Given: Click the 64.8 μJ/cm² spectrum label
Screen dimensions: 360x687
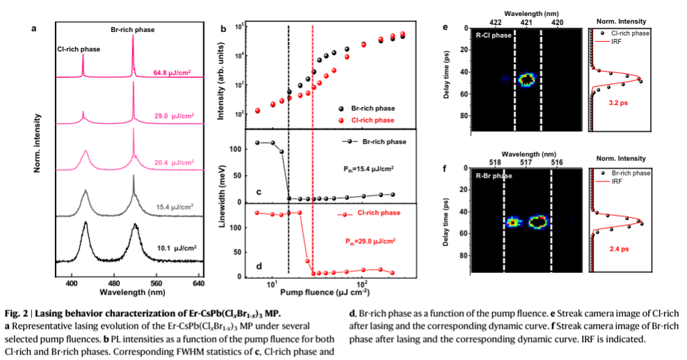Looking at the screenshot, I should (172, 71).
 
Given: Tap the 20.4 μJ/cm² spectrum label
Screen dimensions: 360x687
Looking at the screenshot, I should (173, 163).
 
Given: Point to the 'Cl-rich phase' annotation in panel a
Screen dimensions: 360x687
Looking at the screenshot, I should (79, 49).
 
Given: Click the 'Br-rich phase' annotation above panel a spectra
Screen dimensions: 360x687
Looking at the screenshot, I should (133, 30).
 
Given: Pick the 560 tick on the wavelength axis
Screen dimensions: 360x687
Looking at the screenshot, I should (157, 285).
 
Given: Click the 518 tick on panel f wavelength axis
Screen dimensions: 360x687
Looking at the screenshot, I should (495, 162).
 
